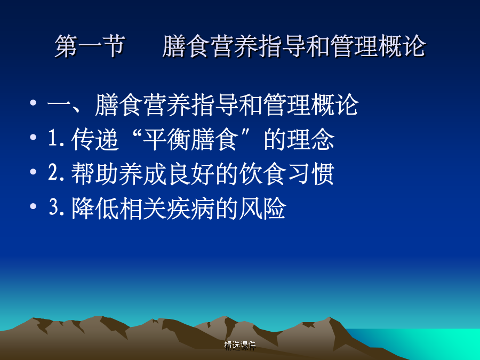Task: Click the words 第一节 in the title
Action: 90,46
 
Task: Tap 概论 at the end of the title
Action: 402,46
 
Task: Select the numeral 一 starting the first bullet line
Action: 59,106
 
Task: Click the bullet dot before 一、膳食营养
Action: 33,102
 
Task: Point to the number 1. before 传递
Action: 57,138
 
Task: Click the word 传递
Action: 95,139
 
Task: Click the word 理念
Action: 311,139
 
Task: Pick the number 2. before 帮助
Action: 57,173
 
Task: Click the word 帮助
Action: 95,174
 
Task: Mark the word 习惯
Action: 311,174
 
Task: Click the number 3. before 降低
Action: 57,207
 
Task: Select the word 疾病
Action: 190,209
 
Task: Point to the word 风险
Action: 262,209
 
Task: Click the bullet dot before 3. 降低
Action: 33,206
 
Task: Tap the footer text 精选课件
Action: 239,345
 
